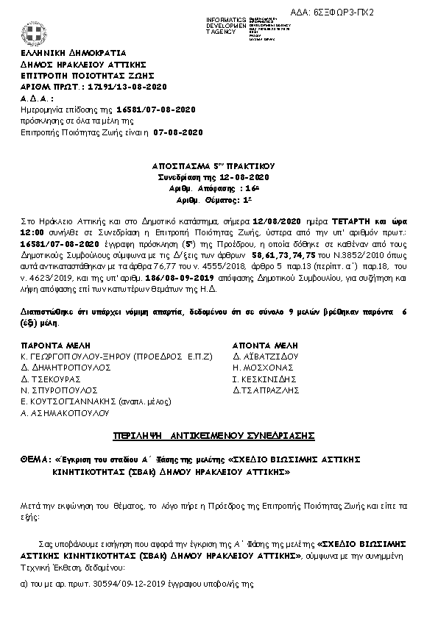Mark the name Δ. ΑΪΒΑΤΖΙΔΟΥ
264,355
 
